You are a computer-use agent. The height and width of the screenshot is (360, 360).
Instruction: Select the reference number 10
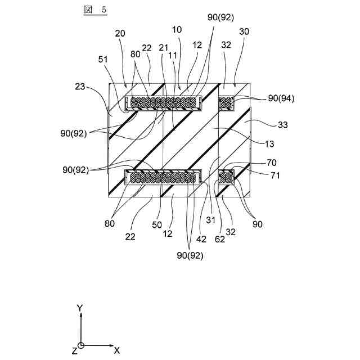tap(177, 28)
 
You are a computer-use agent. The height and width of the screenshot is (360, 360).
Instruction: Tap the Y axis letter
tap(80, 308)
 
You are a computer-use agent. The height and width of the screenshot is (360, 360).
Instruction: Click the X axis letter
tap(117, 350)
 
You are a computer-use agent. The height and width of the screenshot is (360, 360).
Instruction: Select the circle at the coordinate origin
tap(81, 345)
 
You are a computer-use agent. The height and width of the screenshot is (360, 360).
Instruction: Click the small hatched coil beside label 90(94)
tap(226, 102)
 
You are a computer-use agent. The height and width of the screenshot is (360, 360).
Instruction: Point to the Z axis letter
tap(74, 351)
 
